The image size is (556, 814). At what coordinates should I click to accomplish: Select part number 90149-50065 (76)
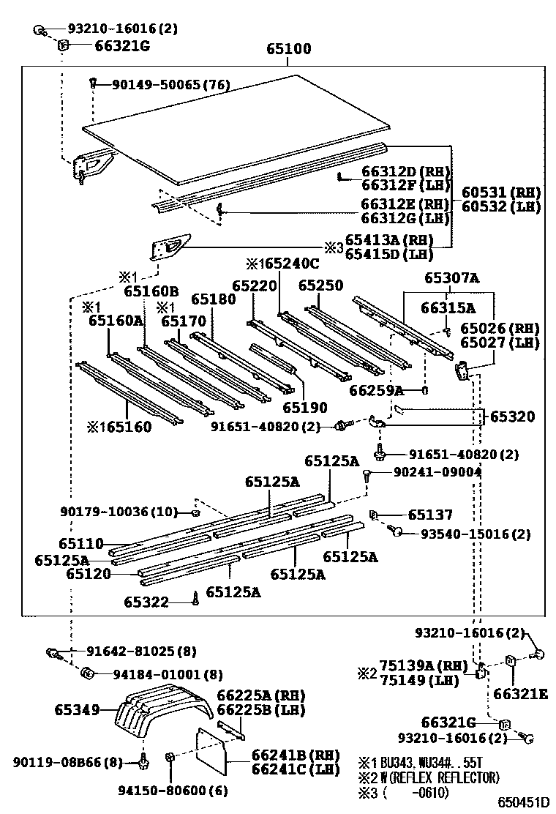click(170, 86)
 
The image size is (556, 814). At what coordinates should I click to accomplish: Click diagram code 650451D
click(523, 803)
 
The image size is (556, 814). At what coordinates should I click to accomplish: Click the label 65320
click(512, 417)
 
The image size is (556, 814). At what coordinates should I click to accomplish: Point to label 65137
click(430, 515)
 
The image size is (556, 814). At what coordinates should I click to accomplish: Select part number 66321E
click(521, 693)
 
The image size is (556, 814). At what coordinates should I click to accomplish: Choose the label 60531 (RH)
click(501, 192)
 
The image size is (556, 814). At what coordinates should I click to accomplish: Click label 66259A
click(376, 390)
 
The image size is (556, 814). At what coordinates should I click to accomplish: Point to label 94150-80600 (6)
click(162, 790)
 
